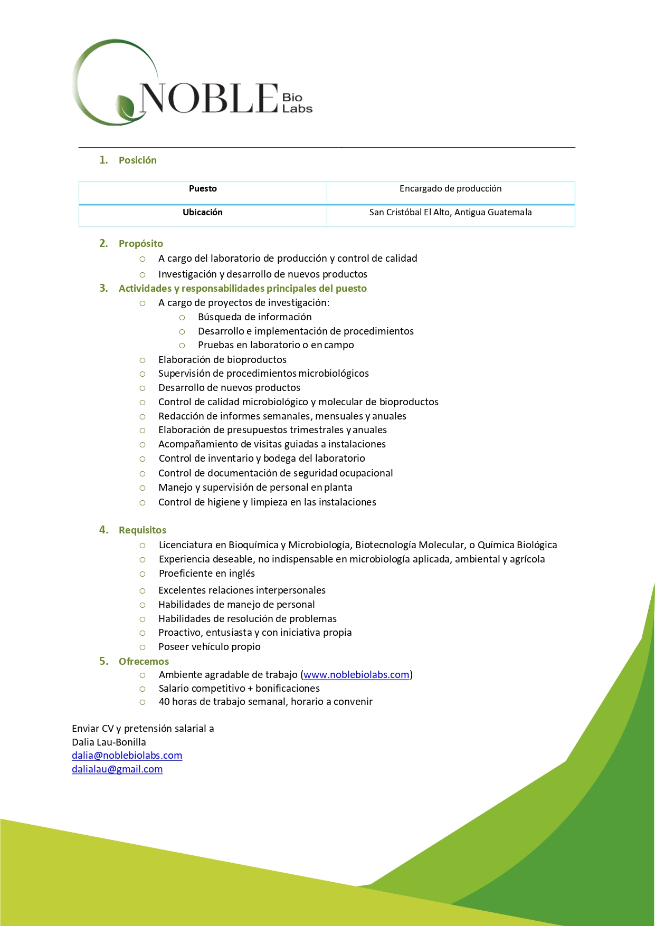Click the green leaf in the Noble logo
pyautogui.click(x=126, y=107)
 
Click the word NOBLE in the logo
pyautogui.click(x=208, y=98)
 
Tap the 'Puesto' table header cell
pyautogui.click(x=203, y=189)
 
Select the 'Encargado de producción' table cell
pyautogui.click(x=450, y=189)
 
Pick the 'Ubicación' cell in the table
pyautogui.click(x=203, y=213)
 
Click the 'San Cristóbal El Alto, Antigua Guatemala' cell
pyautogui.click(x=450, y=213)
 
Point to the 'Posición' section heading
pyautogui.click(x=137, y=160)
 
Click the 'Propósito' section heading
pyautogui.click(x=140, y=244)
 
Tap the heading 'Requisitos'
pyautogui.click(x=142, y=530)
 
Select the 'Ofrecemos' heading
pyautogui.click(x=144, y=662)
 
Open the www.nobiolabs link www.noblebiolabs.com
pyautogui.click(x=356, y=675)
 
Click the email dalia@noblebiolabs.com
pyautogui.click(x=127, y=756)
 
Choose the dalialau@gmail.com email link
pyautogui.click(x=117, y=769)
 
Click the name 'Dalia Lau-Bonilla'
pyautogui.click(x=109, y=742)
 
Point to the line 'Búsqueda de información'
pyautogui.click(x=254, y=317)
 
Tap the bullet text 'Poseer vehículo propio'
pyautogui.click(x=209, y=647)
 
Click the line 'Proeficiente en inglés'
pyautogui.click(x=206, y=574)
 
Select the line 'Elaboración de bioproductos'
pyautogui.click(x=222, y=360)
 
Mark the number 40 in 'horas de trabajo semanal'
pyautogui.click(x=164, y=702)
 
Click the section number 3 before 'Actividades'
pyautogui.click(x=103, y=288)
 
